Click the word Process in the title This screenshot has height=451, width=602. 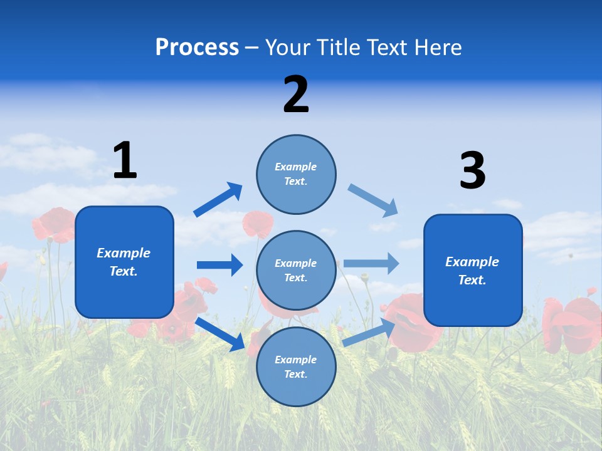(197, 48)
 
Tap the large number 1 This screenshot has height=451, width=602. (125, 160)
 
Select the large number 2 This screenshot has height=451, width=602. (296, 95)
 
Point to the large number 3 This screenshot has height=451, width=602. (472, 171)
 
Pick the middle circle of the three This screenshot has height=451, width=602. (296, 271)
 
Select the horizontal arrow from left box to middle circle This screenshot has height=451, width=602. (219, 265)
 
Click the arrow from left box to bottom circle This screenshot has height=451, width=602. (220, 334)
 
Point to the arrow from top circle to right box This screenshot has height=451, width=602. (373, 200)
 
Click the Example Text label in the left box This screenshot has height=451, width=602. (124, 262)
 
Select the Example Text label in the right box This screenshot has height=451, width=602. (472, 271)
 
